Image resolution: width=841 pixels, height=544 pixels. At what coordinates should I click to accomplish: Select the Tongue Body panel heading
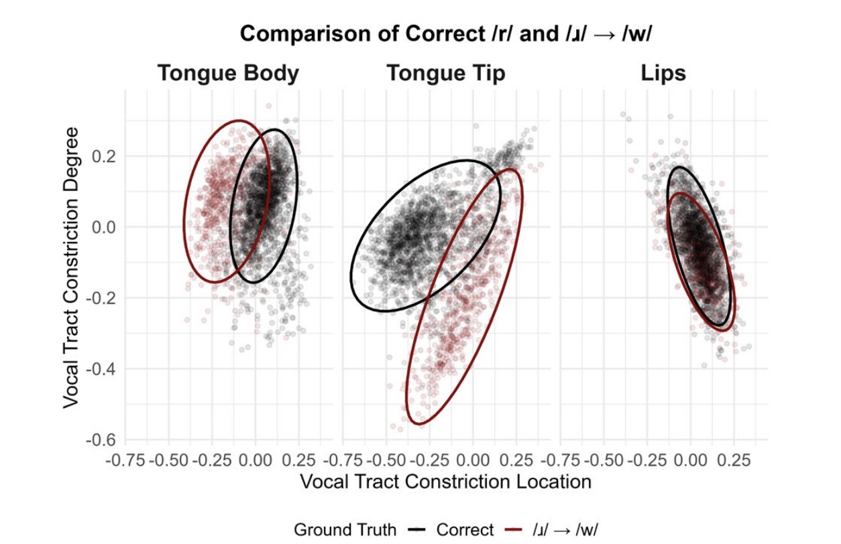tap(228, 73)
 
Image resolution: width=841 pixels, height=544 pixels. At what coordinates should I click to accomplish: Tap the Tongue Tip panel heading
tap(445, 73)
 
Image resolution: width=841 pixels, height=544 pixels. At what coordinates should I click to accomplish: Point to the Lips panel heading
tap(663, 73)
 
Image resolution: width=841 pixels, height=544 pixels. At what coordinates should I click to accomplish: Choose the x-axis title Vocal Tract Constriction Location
tap(445, 481)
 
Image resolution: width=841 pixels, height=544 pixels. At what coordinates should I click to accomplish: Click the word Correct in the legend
tap(465, 529)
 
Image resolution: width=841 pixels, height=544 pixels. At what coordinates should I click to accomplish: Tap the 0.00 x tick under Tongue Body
tap(255, 461)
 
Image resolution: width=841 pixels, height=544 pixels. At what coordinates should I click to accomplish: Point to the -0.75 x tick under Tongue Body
tap(125, 461)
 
